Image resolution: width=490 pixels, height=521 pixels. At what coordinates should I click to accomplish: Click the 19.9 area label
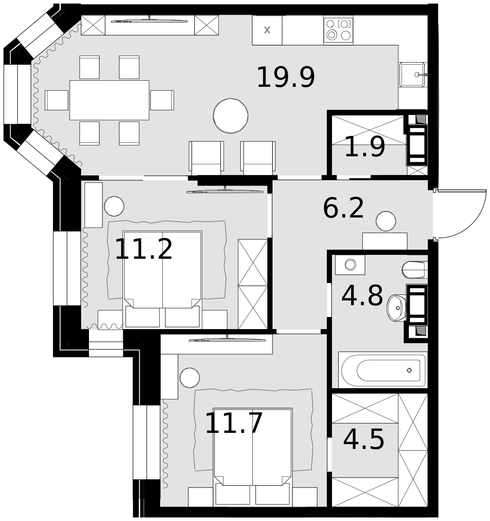[x=286, y=77]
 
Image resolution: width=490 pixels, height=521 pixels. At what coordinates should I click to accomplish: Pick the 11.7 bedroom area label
[x=233, y=423]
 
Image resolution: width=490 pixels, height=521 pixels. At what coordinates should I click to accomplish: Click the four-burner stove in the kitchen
[x=338, y=30]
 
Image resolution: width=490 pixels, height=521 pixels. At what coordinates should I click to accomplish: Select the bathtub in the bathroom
[x=383, y=370]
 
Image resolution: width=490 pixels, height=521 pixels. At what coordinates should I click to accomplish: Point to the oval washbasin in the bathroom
[x=396, y=308]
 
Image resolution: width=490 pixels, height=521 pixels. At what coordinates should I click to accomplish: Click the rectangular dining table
[x=109, y=100]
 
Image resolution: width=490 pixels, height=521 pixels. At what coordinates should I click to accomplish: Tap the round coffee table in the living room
[x=230, y=115]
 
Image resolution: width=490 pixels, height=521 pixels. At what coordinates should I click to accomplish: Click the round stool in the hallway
[x=385, y=221]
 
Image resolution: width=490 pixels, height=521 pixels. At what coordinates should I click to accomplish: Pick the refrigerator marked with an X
[x=267, y=30]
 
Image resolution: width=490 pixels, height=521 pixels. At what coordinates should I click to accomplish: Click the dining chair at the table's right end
[x=162, y=100]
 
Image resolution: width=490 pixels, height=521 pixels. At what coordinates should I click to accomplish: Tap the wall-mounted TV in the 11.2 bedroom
[x=225, y=191]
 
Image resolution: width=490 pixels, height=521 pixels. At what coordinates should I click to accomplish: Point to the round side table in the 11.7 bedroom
[x=190, y=378]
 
